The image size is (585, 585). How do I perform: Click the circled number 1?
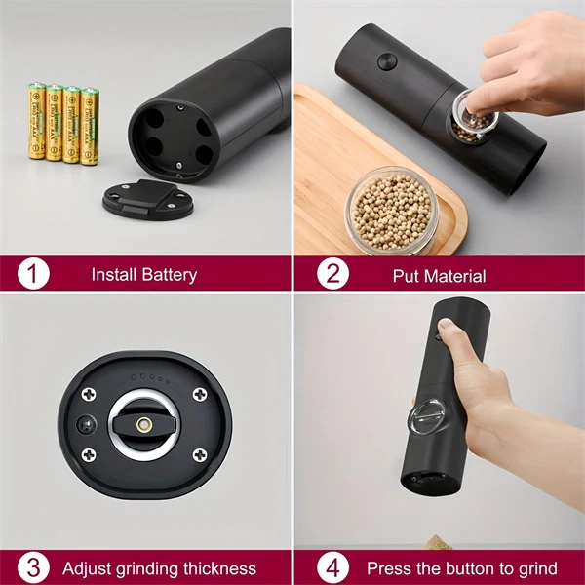(33, 274)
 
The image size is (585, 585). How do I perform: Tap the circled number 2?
(332, 274)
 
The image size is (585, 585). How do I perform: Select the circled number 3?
(33, 567)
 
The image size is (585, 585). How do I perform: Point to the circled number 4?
(332, 567)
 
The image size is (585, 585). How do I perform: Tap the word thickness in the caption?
(216, 568)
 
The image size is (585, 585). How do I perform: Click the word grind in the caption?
(537, 568)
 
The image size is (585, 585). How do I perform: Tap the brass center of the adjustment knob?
(144, 425)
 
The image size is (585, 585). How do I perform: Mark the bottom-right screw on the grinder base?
(199, 454)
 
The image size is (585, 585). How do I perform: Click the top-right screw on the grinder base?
(199, 394)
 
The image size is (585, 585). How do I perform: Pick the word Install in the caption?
(113, 275)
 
